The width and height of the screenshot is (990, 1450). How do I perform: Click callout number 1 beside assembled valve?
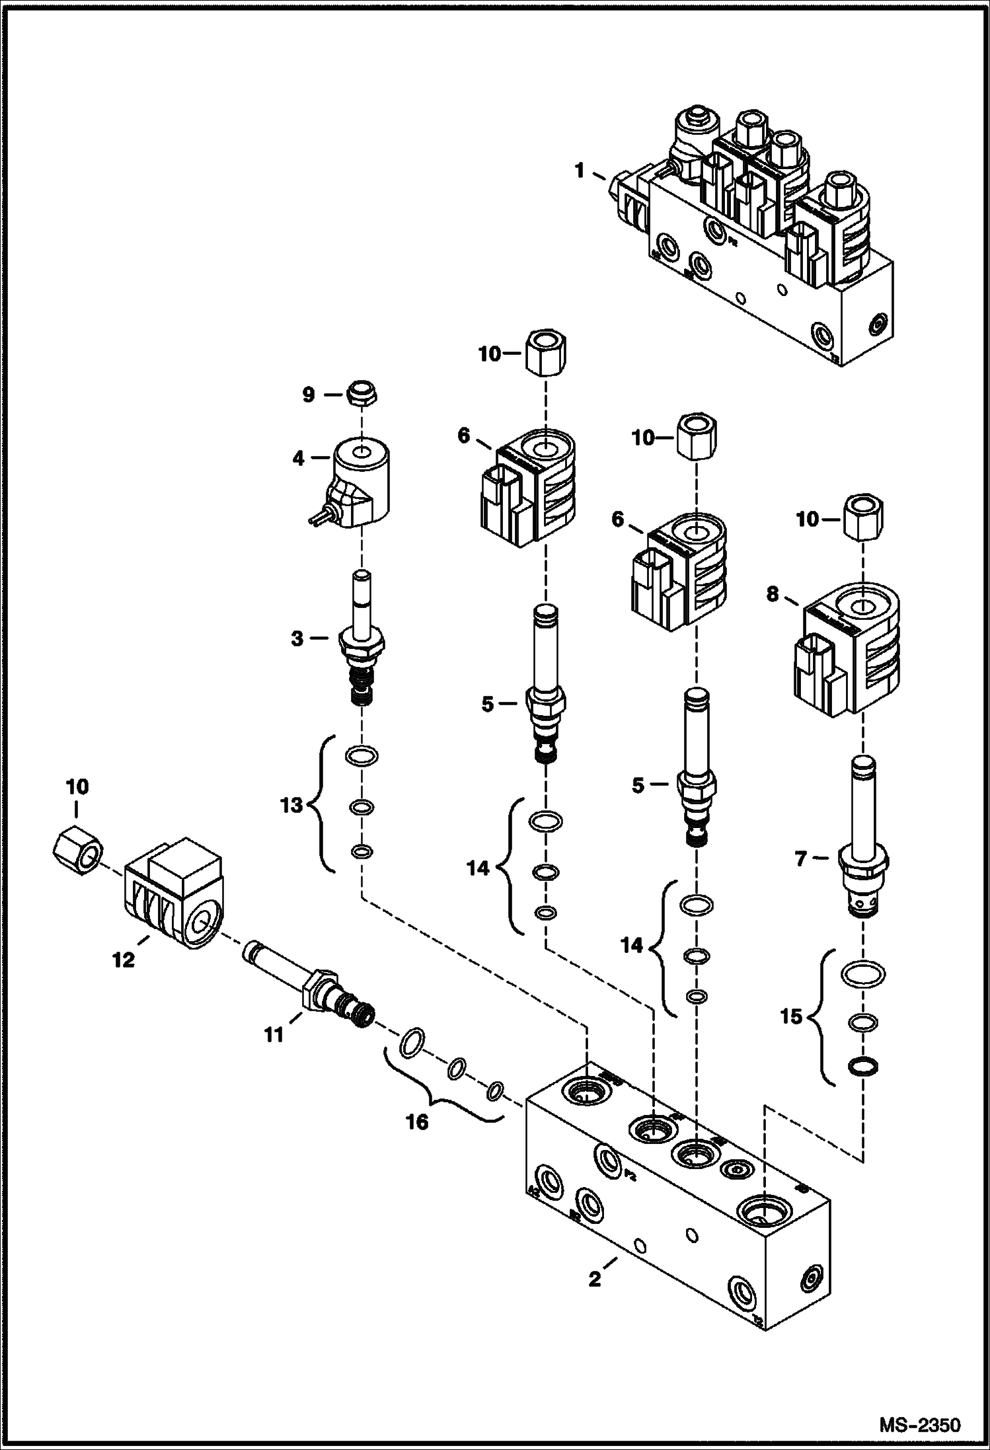(580, 172)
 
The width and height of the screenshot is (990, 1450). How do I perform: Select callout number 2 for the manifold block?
(594, 1279)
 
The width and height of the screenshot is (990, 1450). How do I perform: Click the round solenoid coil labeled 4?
(360, 479)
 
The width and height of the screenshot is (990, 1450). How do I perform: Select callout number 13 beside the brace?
(291, 805)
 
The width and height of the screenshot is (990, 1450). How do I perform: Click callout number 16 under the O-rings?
(418, 1122)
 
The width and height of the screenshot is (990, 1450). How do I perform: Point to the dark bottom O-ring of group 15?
(862, 1065)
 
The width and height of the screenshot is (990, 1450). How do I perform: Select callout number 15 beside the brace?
(791, 1016)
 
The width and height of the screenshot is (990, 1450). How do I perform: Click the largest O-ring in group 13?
(362, 754)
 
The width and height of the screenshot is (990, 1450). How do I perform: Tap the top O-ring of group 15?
(863, 973)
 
